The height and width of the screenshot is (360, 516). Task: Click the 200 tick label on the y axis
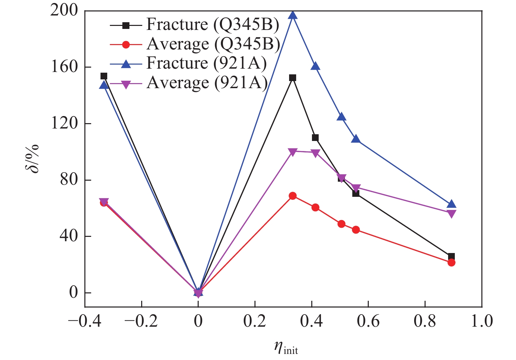click(64, 11)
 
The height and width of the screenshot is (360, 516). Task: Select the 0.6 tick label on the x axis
click(368, 321)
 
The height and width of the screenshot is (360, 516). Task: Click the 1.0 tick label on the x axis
click(482, 321)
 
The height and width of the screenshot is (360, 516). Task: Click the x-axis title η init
click(286, 348)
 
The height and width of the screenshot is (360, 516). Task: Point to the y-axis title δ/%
click(33, 158)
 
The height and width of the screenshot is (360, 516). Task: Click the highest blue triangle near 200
click(293, 15)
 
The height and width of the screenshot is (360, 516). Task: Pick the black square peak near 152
click(293, 78)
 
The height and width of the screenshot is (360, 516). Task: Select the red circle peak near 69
click(293, 196)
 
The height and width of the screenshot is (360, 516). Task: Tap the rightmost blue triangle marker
click(451, 204)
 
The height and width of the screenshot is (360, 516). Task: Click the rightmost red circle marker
click(451, 262)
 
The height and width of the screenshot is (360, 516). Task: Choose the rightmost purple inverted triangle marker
click(451, 214)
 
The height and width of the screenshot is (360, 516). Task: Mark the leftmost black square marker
click(104, 76)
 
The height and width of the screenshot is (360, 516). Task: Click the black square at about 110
click(315, 138)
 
